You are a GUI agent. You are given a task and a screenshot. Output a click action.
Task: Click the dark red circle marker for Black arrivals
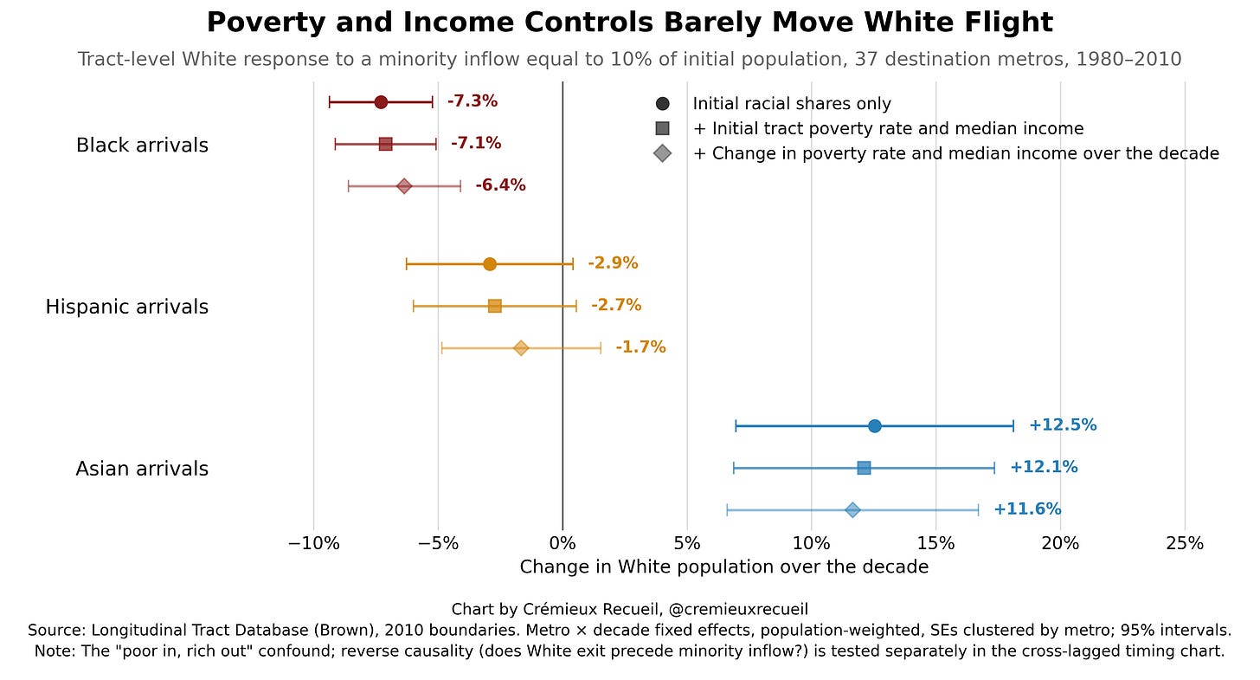click(x=381, y=102)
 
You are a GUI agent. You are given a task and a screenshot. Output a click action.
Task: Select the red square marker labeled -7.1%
click(x=385, y=144)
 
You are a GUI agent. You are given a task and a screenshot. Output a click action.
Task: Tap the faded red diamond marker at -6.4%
click(x=404, y=186)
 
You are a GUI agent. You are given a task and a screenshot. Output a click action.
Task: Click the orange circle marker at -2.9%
click(x=490, y=264)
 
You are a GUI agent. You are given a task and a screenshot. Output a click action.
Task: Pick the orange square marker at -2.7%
click(x=495, y=307)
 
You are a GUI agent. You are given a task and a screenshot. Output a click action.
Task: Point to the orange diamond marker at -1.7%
click(x=521, y=348)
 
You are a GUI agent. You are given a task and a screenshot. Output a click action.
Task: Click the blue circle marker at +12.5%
click(x=874, y=426)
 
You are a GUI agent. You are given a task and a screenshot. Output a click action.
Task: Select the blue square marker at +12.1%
click(x=864, y=468)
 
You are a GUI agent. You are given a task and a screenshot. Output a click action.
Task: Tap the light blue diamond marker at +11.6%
click(x=852, y=510)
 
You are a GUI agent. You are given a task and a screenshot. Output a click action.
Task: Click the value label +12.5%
click(x=1063, y=425)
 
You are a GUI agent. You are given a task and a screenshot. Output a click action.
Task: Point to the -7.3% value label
click(x=472, y=101)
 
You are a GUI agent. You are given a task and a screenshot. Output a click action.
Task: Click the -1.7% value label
click(x=640, y=347)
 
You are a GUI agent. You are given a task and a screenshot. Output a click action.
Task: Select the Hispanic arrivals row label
click(x=127, y=307)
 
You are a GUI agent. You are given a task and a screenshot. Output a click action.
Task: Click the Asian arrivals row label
click(x=142, y=469)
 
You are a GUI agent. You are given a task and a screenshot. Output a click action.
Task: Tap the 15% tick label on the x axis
click(x=936, y=544)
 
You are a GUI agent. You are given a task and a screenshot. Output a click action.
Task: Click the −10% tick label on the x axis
click(x=313, y=544)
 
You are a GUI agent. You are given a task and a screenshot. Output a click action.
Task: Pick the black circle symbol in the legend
click(x=663, y=104)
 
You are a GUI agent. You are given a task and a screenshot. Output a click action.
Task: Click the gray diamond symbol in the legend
click(x=663, y=153)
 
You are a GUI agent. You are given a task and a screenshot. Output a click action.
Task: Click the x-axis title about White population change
click(x=724, y=567)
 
